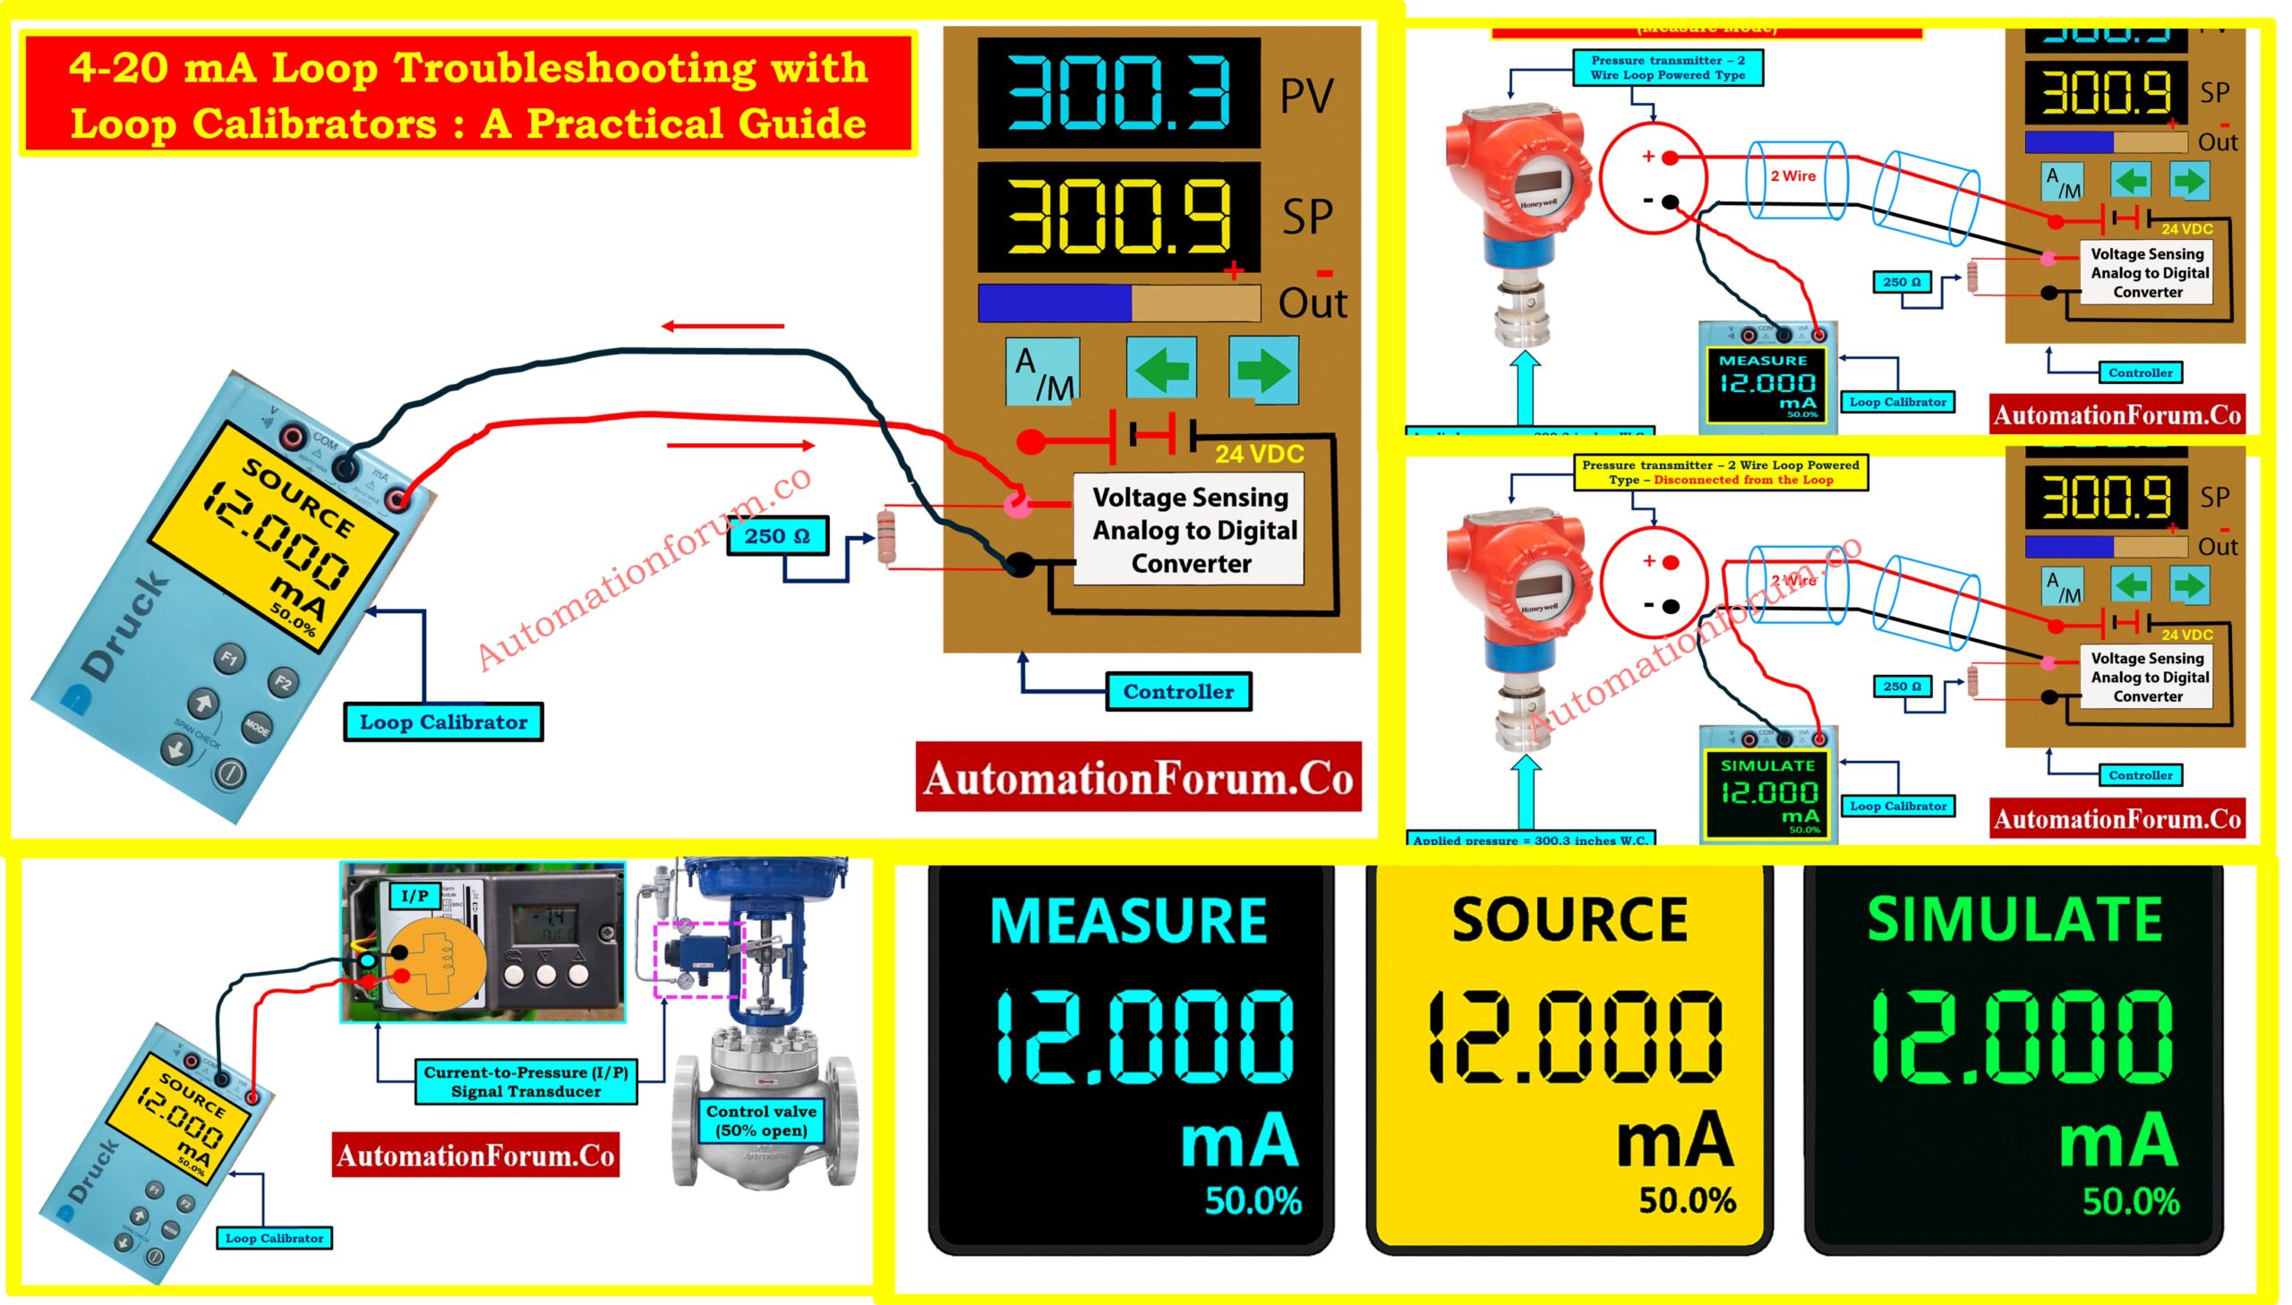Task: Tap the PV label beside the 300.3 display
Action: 1306,96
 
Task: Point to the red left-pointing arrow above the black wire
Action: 723,326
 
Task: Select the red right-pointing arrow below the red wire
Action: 740,445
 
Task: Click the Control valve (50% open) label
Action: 761,1121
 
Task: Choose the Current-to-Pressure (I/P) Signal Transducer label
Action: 526,1082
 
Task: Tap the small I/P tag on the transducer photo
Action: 415,895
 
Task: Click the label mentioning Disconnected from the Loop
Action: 1720,473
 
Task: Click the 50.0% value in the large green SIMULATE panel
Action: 2130,1202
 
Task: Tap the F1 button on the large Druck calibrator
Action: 229,659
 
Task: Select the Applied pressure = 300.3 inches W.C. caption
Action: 1530,840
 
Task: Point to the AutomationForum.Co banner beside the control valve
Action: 475,1156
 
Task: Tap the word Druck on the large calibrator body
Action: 125,625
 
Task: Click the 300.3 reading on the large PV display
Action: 1118,92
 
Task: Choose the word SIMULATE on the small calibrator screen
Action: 1766,766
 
